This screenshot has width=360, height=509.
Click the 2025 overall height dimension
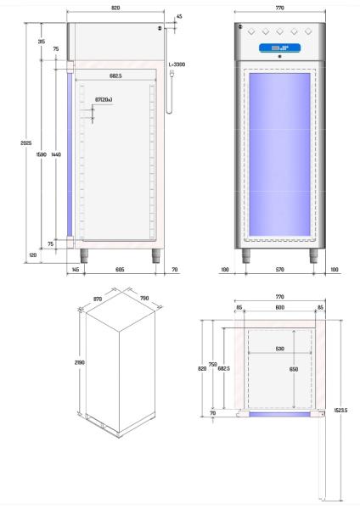[x=26, y=143]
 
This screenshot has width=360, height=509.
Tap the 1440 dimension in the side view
[x=56, y=154]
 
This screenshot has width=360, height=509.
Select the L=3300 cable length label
[x=177, y=64]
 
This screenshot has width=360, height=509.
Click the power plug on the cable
[x=172, y=75]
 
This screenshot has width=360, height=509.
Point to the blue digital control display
[x=279, y=48]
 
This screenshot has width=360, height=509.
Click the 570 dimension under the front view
[x=279, y=270]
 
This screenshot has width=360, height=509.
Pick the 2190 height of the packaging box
[x=80, y=362]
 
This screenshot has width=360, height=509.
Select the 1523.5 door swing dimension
[x=340, y=411]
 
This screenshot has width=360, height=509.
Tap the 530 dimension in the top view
[x=279, y=349]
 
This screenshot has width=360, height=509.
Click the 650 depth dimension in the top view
[x=294, y=369]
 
